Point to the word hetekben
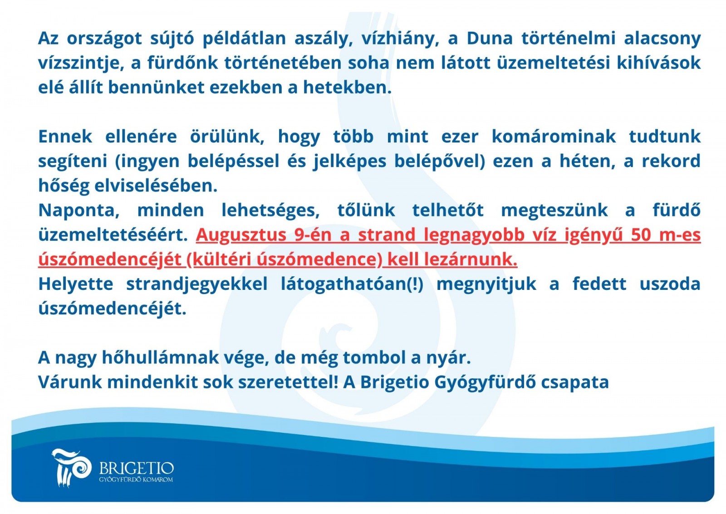pyautogui.click(x=347, y=88)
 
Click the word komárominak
pyautogui.click(x=554, y=137)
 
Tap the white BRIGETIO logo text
pyautogui.click(x=137, y=468)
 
